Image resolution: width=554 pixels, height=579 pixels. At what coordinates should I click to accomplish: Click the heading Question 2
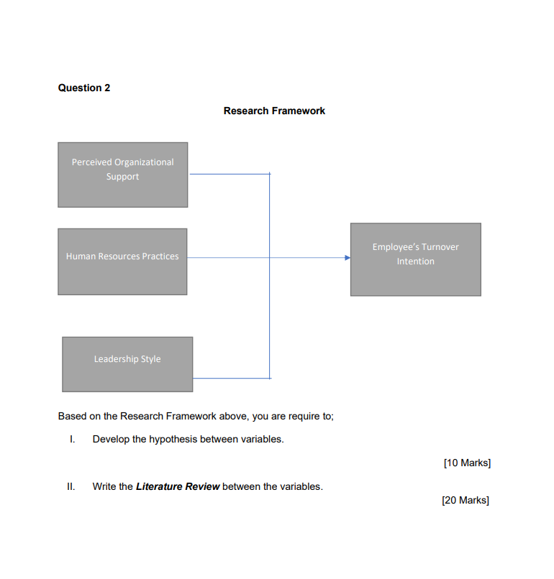point(84,88)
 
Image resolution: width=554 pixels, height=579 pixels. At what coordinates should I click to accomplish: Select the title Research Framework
point(274,111)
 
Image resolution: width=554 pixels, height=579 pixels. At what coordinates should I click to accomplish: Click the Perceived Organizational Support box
point(122,175)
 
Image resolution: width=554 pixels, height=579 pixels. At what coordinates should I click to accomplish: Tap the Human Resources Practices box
point(122,261)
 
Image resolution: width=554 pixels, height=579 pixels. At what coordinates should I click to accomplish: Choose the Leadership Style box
point(127,364)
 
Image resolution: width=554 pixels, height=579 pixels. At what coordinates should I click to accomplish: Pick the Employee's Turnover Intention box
point(415,259)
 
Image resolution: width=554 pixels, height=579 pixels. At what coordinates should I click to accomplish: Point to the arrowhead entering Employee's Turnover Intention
point(347,257)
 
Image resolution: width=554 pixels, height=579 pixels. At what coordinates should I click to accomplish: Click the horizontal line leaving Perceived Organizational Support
point(229,174)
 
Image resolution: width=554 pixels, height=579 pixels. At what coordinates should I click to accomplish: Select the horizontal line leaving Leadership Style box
point(231,378)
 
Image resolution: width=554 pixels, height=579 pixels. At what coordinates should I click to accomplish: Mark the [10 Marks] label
point(467,463)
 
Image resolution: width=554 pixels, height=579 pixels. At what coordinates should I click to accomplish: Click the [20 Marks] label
point(466,500)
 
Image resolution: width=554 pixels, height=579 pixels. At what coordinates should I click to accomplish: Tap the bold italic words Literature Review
point(178,486)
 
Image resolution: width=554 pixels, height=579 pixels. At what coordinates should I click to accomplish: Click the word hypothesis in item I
point(173,439)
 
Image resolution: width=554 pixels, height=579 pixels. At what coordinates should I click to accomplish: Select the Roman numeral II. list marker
point(71,486)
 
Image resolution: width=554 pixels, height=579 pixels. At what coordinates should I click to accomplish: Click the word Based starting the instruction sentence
point(72,416)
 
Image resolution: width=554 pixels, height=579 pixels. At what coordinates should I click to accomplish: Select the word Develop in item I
point(111,439)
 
